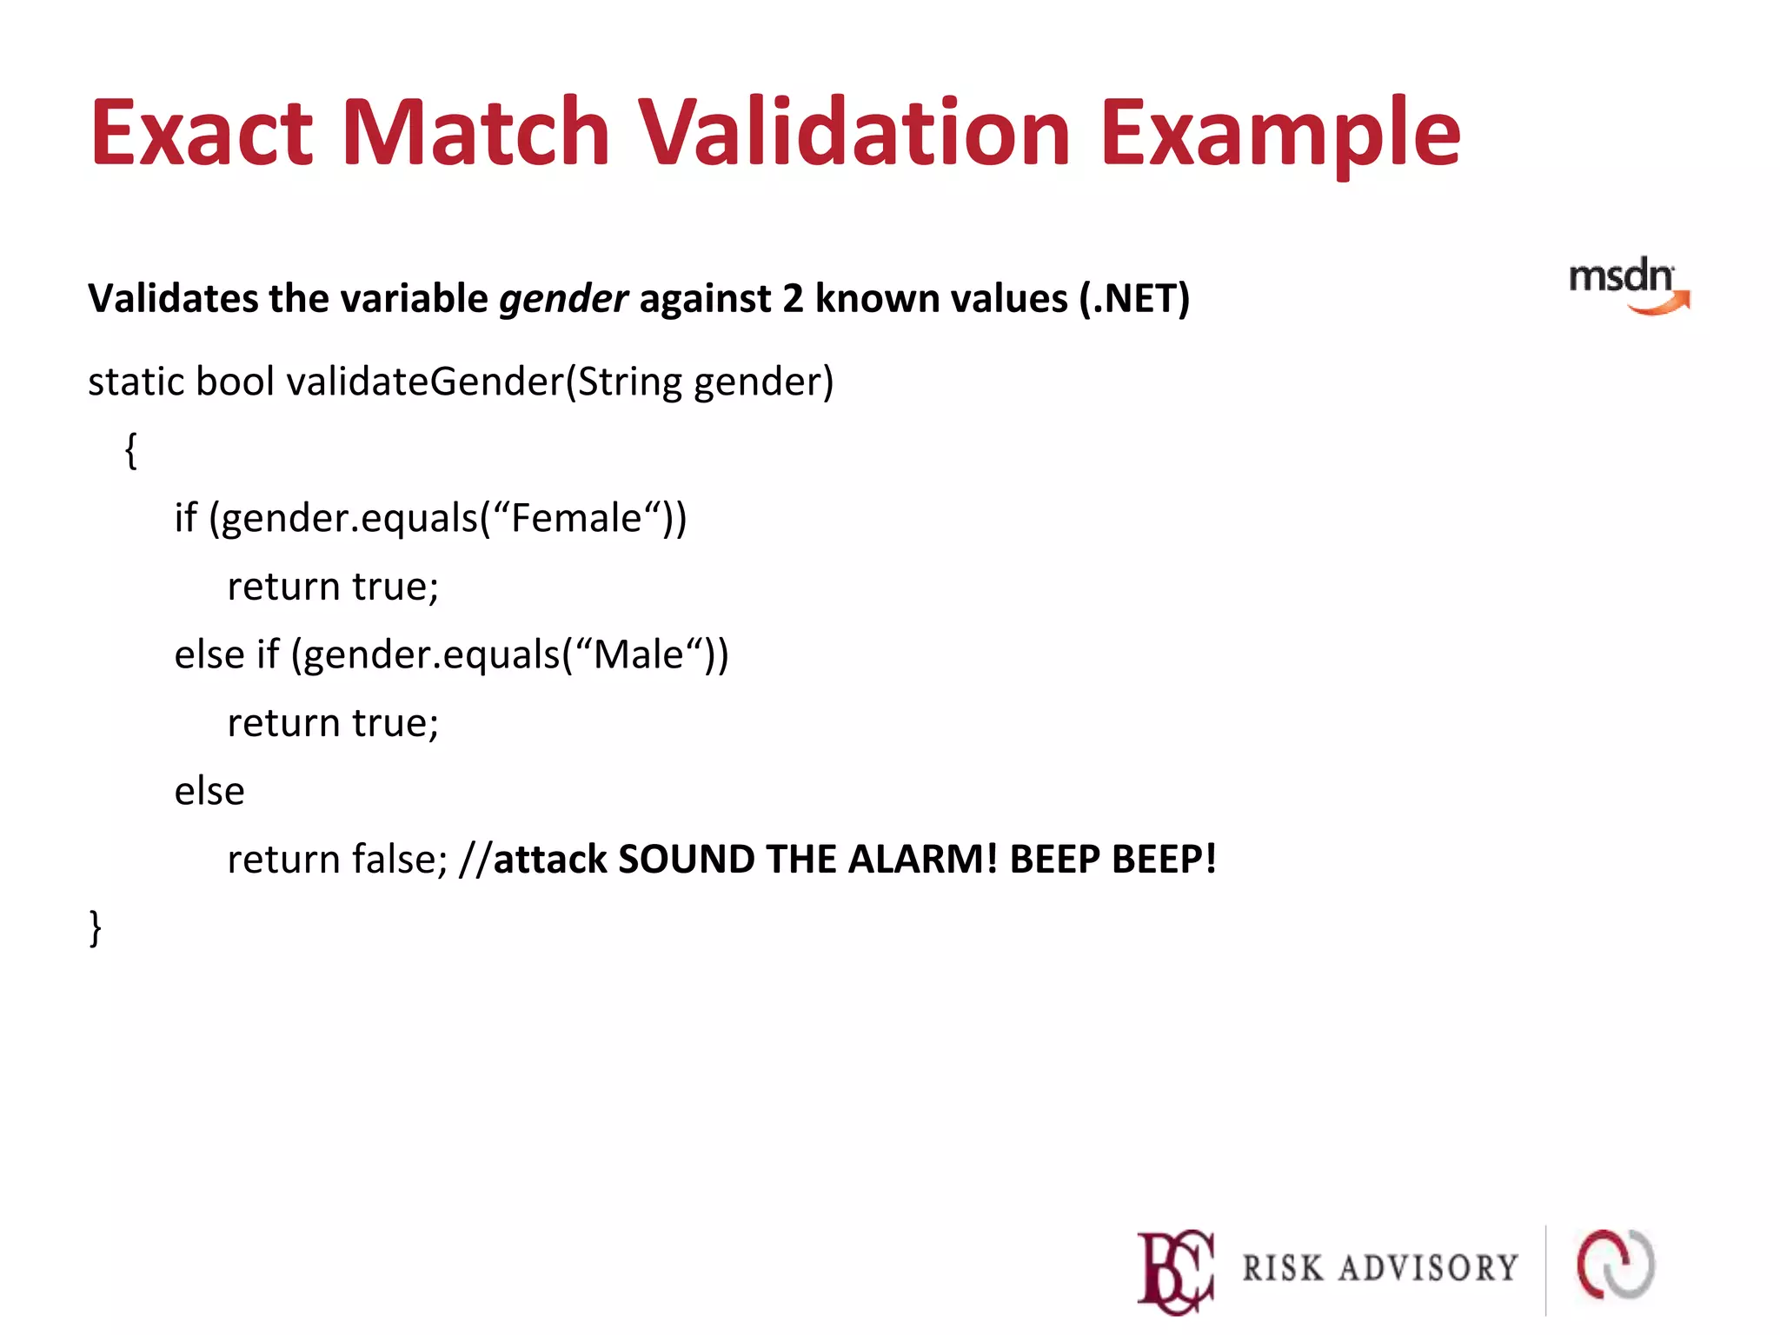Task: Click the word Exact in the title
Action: point(202,132)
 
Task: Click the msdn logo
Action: point(1627,285)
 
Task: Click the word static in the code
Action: point(136,382)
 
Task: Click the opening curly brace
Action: point(131,450)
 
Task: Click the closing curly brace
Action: point(96,927)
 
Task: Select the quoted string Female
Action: point(575,518)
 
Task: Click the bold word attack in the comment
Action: point(550,859)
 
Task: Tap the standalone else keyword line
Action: point(209,791)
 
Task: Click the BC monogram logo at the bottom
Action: point(1175,1271)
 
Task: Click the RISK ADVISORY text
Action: point(1380,1268)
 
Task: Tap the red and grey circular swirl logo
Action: point(1616,1265)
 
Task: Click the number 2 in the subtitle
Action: point(792,299)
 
